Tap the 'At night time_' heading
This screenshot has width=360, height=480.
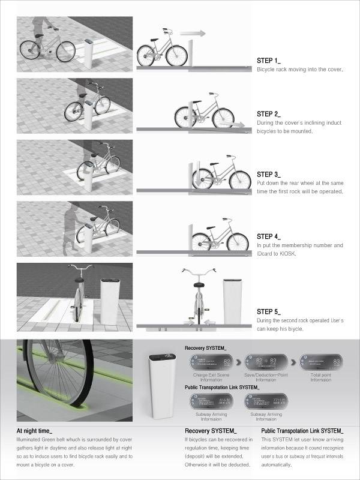(35, 431)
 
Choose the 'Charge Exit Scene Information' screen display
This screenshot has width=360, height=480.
(209, 362)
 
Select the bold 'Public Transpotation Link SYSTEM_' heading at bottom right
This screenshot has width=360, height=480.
(302, 431)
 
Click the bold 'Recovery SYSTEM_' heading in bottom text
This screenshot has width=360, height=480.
(210, 431)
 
